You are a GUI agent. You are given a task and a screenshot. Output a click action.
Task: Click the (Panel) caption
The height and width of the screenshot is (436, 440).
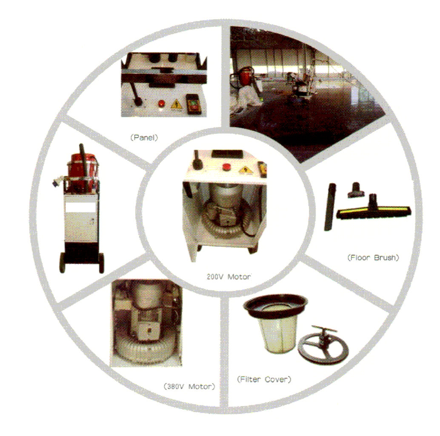point(144,138)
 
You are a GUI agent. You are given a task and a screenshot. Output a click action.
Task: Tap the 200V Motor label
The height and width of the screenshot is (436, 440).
point(229,277)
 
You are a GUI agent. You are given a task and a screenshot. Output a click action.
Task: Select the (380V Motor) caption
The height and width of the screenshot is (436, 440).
point(189,387)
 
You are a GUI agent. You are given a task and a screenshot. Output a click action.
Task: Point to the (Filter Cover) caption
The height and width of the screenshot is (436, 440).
point(264,379)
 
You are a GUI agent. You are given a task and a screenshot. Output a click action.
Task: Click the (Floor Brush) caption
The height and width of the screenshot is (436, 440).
point(373,258)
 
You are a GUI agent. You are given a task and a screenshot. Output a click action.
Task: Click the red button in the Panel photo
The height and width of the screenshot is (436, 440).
point(161,104)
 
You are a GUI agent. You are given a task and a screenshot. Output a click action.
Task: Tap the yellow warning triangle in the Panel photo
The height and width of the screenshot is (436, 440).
point(176,104)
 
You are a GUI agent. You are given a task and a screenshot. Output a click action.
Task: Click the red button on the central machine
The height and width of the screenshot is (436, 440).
point(226,167)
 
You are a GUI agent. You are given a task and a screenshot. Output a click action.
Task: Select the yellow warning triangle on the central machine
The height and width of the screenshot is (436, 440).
point(246,169)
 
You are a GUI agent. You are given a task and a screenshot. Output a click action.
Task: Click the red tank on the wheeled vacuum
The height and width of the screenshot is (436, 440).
point(82,172)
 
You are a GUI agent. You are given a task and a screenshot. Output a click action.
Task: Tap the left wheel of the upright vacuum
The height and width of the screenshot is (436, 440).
point(62,263)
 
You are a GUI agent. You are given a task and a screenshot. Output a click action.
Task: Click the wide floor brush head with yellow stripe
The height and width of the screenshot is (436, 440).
point(374,212)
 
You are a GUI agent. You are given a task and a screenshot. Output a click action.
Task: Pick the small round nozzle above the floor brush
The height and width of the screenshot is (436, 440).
point(356,190)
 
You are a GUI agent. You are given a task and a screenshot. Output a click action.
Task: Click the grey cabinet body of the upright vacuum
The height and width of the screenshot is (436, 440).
point(81,218)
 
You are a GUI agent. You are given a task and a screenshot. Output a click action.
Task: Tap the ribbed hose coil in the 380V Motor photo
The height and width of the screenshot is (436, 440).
point(144,351)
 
